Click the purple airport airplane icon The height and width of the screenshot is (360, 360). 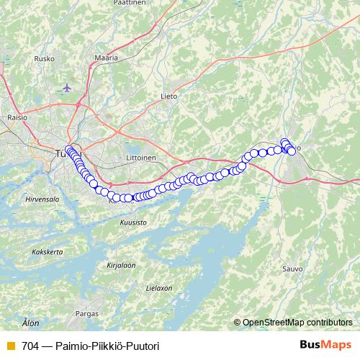68,88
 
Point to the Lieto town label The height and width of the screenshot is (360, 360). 168,94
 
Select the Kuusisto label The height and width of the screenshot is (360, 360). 135,222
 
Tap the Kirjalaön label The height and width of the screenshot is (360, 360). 121,265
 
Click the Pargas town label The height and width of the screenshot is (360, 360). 86,314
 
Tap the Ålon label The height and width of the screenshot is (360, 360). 30,323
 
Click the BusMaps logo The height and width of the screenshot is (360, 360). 325,345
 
